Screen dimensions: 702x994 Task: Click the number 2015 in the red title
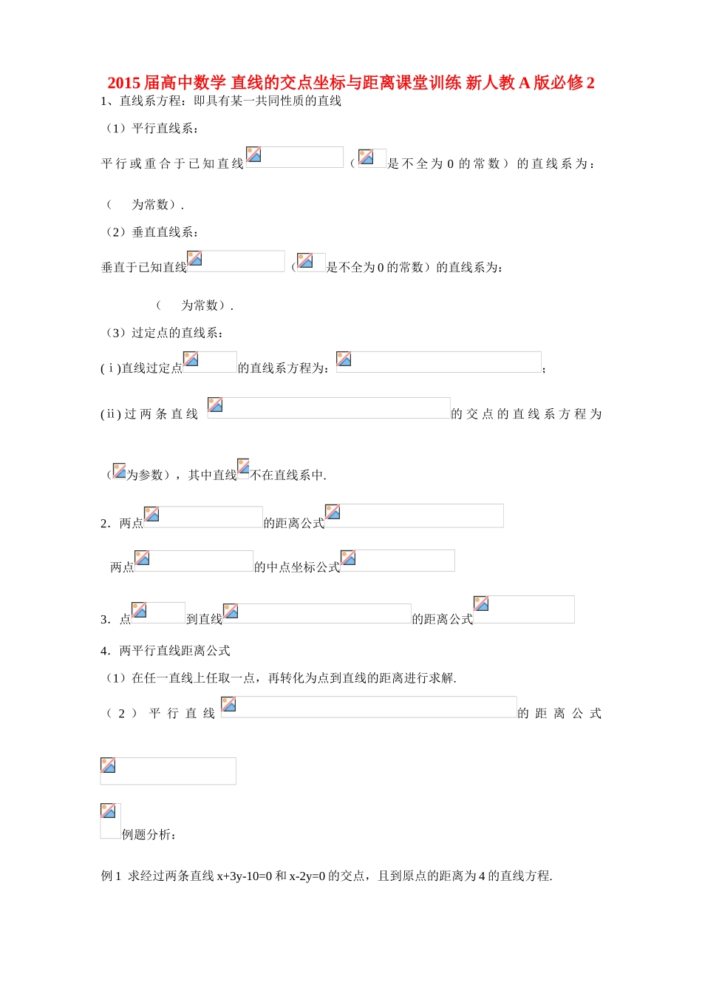tap(124, 83)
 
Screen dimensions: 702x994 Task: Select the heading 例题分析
tap(148, 835)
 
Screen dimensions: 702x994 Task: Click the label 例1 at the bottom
tap(111, 876)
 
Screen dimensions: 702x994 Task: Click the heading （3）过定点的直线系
tap(164, 333)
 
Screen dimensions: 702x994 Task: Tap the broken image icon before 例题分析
tap(109, 819)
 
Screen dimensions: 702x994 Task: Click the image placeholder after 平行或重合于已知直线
tap(294, 157)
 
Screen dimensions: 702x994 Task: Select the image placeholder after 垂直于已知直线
tap(236, 261)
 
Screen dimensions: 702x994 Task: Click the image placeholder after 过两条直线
tap(329, 408)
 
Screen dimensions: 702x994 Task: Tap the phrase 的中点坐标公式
tap(296, 567)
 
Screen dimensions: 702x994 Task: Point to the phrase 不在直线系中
tap(288, 476)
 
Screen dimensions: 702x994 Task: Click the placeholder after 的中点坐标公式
tap(398, 561)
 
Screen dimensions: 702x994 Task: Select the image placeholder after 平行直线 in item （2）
tap(369, 706)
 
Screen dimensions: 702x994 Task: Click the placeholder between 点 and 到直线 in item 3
tap(158, 612)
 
